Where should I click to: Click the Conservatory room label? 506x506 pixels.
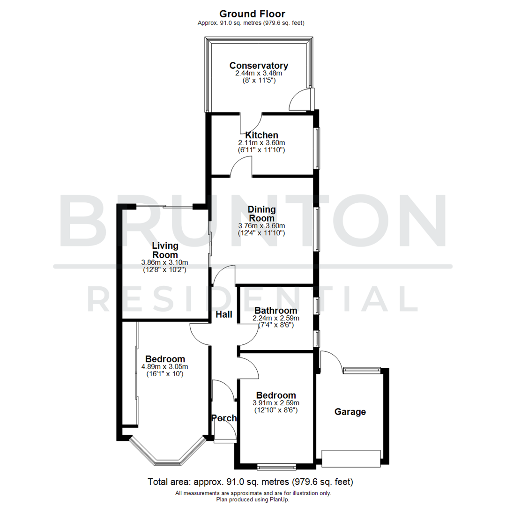pyautogui.click(x=259, y=66)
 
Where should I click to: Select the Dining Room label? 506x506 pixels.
pyautogui.click(x=262, y=214)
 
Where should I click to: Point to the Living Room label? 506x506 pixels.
pyautogui.click(x=165, y=250)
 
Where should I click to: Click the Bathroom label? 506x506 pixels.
pyautogui.click(x=275, y=311)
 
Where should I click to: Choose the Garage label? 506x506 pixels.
pyautogui.click(x=350, y=412)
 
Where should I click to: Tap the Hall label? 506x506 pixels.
pyautogui.click(x=224, y=315)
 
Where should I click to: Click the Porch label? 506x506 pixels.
pyautogui.click(x=224, y=418)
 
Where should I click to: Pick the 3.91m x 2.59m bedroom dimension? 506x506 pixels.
pyautogui.click(x=275, y=403)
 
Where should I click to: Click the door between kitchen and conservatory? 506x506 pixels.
pyautogui.click(x=251, y=123)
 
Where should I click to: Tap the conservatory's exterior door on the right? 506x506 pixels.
pyautogui.click(x=300, y=99)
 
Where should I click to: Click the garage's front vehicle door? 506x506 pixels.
pyautogui.click(x=351, y=458)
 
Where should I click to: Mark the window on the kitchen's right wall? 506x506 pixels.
pyautogui.click(x=317, y=148)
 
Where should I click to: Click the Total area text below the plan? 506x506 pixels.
pyautogui.click(x=250, y=482)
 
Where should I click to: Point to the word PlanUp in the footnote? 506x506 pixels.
pyautogui.click(x=278, y=499)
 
